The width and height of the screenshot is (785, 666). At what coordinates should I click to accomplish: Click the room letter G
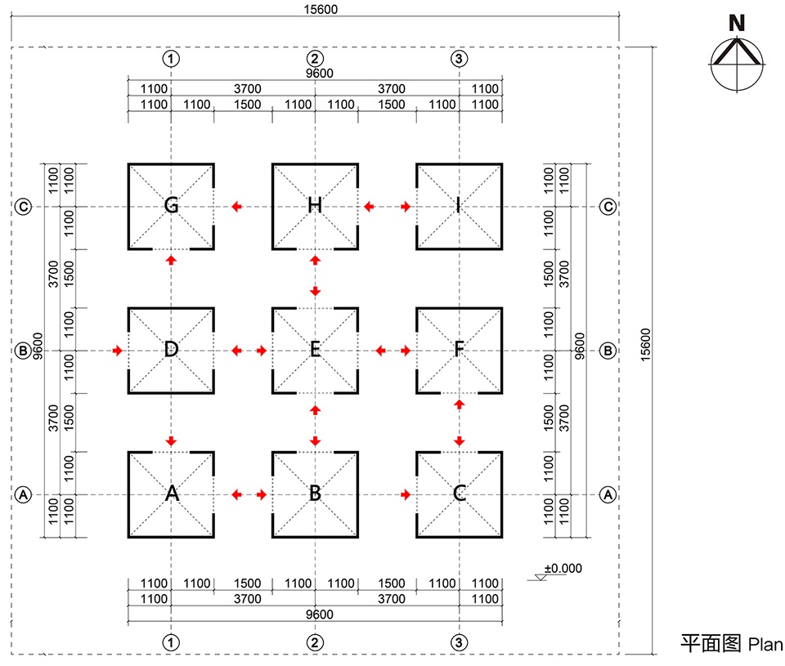click(x=171, y=205)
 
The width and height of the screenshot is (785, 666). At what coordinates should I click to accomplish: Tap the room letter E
click(x=315, y=350)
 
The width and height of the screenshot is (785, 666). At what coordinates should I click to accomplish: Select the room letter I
click(x=459, y=205)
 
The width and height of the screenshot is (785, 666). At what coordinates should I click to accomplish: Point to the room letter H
click(x=315, y=205)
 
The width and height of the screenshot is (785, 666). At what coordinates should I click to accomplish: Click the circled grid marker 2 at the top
click(x=315, y=58)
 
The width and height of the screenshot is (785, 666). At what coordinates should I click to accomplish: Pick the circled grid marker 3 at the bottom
click(x=460, y=642)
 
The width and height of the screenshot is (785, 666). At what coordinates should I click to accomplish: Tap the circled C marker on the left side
click(x=24, y=207)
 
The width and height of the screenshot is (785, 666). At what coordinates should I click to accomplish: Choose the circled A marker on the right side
click(x=608, y=494)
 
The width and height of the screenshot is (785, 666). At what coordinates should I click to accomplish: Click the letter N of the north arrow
click(x=737, y=24)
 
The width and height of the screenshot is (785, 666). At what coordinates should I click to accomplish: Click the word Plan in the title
click(x=765, y=643)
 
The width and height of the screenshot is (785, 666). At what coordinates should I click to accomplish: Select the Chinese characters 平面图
click(x=711, y=643)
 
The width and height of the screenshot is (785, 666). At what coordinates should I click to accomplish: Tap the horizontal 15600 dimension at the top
click(x=315, y=10)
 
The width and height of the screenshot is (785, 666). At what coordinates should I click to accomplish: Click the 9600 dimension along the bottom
click(x=315, y=615)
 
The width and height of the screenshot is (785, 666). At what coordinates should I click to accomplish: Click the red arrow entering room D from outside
click(x=119, y=351)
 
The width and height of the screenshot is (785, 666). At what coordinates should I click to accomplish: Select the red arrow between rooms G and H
click(x=236, y=207)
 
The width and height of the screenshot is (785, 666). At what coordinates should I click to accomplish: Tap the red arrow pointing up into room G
click(x=171, y=259)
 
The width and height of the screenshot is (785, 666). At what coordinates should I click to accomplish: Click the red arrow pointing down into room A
click(x=171, y=441)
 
